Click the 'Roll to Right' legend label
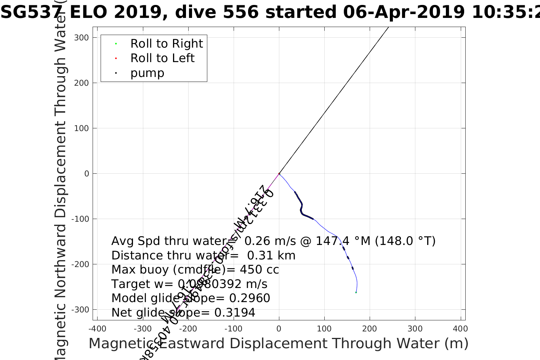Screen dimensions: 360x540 [167, 44]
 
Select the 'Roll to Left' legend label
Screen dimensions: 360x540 [162, 58]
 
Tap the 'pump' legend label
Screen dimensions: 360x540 [147, 73]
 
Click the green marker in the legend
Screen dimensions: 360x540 [116, 44]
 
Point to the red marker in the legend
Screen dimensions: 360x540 [116, 59]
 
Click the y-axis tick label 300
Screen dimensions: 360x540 [82, 37]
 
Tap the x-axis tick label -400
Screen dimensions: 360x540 [97, 329]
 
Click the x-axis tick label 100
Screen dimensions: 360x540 [324, 329]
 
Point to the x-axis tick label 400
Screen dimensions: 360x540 [460, 329]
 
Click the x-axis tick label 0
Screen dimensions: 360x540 [279, 329]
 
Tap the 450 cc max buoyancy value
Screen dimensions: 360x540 [259, 270]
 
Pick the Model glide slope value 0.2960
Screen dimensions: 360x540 [250, 298]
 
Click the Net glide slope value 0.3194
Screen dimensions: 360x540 [235, 313]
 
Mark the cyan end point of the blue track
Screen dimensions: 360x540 [356, 292]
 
